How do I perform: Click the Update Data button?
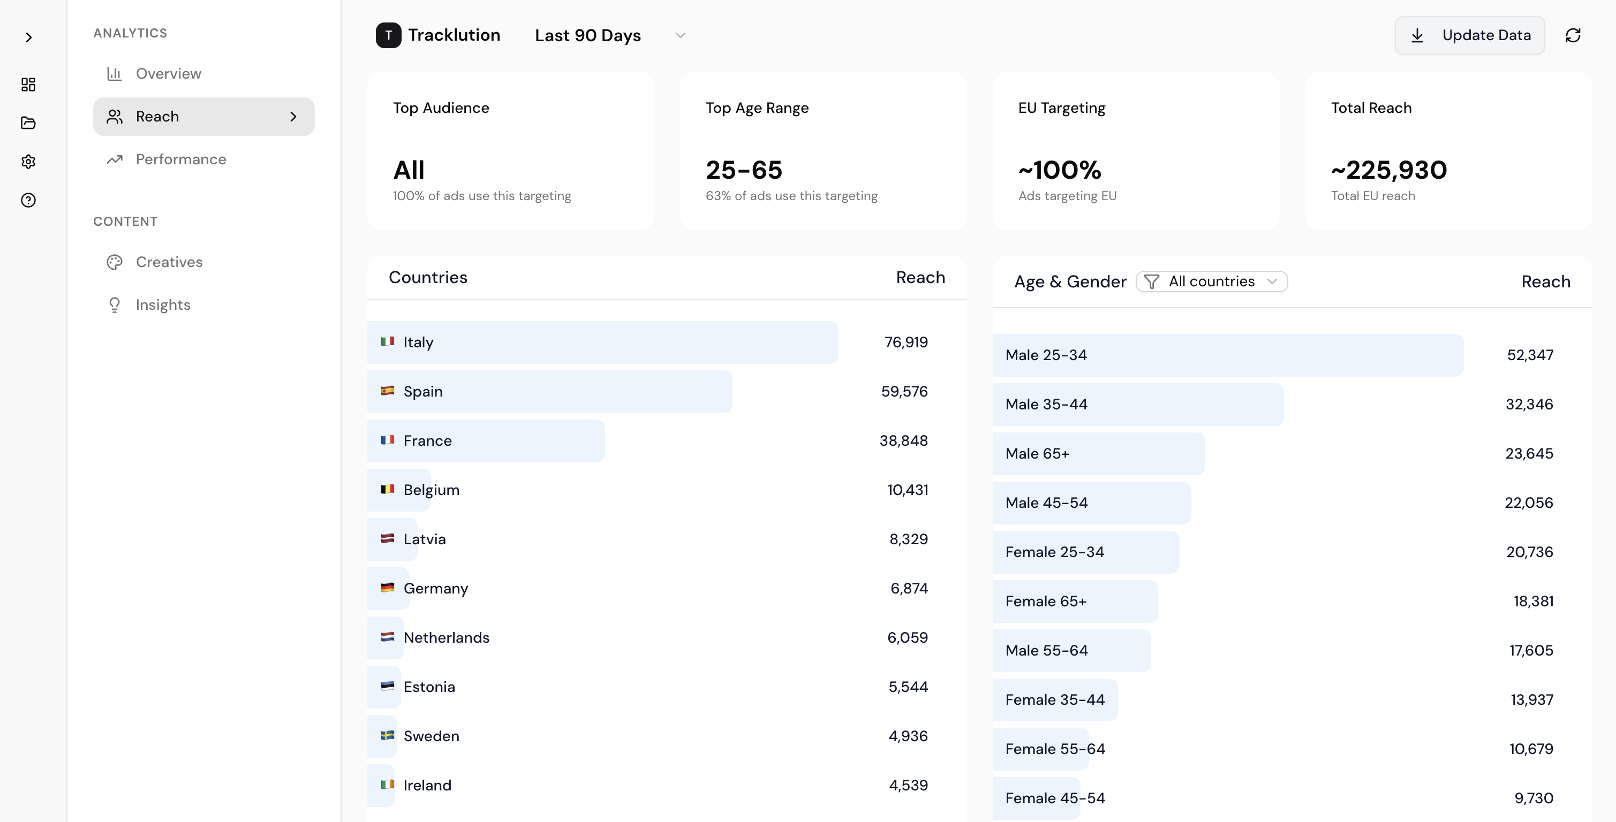point(1469,36)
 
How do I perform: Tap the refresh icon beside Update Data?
point(1573,36)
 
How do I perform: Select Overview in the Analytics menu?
point(168,74)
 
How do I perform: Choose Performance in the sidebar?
point(180,159)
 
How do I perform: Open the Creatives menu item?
point(169,262)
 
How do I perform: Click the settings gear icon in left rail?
point(28,162)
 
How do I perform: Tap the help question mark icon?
point(28,200)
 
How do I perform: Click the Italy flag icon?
point(388,342)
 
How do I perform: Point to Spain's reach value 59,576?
point(904,391)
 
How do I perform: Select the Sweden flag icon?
point(388,735)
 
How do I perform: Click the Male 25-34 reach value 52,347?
point(1530,355)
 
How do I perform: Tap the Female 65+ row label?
point(1046,602)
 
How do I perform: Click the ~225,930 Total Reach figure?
point(1389,170)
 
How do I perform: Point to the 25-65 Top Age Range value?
point(744,170)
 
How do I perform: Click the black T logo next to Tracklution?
point(388,35)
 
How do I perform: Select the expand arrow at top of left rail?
point(28,37)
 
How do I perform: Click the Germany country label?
point(435,588)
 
